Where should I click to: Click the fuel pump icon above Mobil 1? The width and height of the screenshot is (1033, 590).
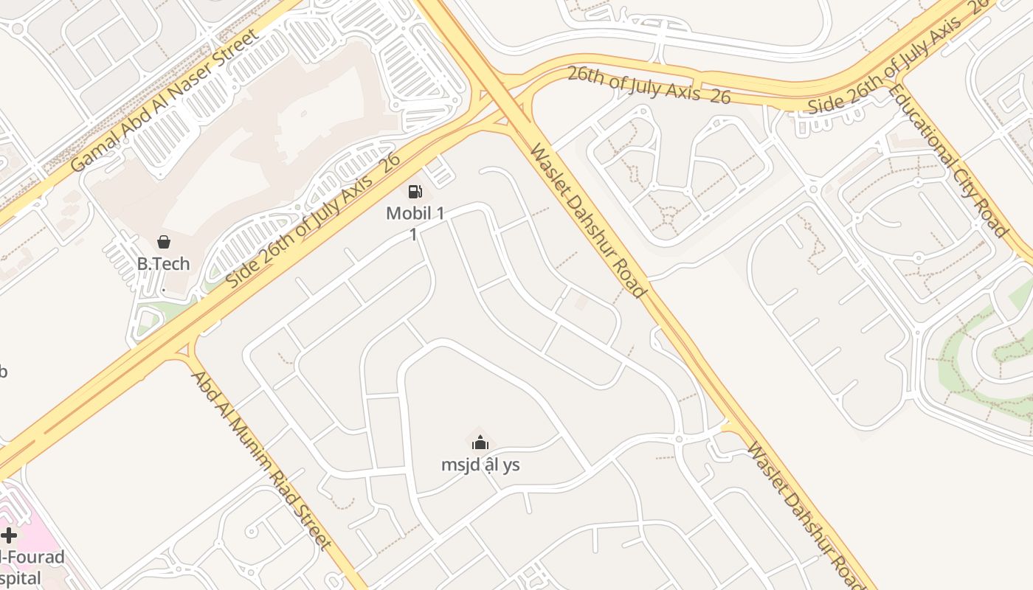pyautogui.click(x=415, y=192)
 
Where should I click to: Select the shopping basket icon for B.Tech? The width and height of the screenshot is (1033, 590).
pyautogui.click(x=164, y=242)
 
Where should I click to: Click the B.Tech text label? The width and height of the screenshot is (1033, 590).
pyautogui.click(x=164, y=263)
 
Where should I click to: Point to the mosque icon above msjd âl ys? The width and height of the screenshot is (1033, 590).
pyautogui.click(x=480, y=442)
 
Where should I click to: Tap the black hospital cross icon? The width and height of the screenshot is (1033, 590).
pyautogui.click(x=9, y=535)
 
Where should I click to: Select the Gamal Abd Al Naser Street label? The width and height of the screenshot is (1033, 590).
pyautogui.click(x=165, y=100)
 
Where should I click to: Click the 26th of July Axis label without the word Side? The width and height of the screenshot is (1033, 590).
pyautogui.click(x=649, y=86)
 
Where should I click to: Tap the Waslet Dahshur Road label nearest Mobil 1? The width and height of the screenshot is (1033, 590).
pyautogui.click(x=588, y=220)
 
